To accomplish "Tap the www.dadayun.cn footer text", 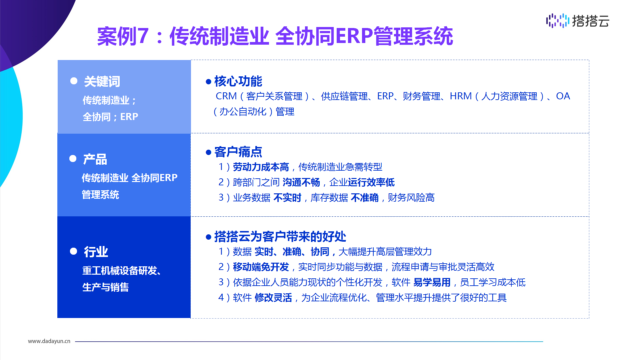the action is (x=49, y=341).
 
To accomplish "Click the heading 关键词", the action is (x=102, y=81).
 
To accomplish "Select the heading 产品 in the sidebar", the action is (x=95, y=159).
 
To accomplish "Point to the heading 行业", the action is (x=96, y=251).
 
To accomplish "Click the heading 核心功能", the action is (x=238, y=81).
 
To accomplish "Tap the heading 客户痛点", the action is (x=238, y=152).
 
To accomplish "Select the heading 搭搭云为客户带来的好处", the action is (x=280, y=236).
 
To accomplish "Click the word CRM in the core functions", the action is (x=226, y=96).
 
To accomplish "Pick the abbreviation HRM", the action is (x=461, y=96).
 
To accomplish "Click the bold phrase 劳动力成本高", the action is (x=261, y=167).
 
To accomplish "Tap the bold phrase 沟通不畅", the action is (x=301, y=182).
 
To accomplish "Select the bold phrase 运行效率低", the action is (x=371, y=182).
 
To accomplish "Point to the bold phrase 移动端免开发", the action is (x=261, y=267).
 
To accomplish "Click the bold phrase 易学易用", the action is (x=432, y=282).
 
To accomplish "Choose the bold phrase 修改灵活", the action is (x=273, y=297).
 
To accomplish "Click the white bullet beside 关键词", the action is (x=74, y=81).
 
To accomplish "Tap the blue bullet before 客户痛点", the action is (x=209, y=152).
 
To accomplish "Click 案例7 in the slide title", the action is (x=123, y=36).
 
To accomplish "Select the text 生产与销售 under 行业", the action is (x=105, y=287).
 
